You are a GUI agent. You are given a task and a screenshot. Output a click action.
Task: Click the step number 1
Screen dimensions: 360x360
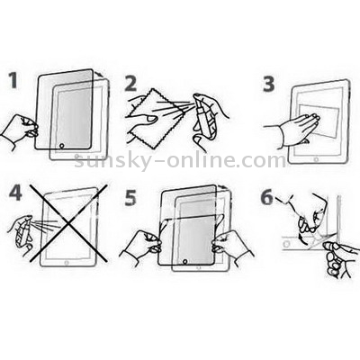coord(13,80)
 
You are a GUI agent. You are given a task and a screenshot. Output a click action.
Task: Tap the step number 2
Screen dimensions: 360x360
coord(130,84)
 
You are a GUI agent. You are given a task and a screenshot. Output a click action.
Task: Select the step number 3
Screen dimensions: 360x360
coord(268,85)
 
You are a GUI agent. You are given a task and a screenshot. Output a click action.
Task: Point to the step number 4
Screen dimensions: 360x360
coord(15,193)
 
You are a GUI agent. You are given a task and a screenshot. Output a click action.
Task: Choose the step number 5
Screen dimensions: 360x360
coord(130,198)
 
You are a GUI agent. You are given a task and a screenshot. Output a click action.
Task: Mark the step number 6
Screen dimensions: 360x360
coord(266,198)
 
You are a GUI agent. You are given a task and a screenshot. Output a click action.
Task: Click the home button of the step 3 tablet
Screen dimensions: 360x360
coord(316,158)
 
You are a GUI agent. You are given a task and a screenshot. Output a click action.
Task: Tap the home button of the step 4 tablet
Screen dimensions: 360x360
coord(67,263)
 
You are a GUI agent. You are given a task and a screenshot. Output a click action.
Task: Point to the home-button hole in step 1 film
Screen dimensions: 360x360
coord(62,146)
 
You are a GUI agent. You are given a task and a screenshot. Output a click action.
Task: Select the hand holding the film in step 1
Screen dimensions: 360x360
coord(20,130)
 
